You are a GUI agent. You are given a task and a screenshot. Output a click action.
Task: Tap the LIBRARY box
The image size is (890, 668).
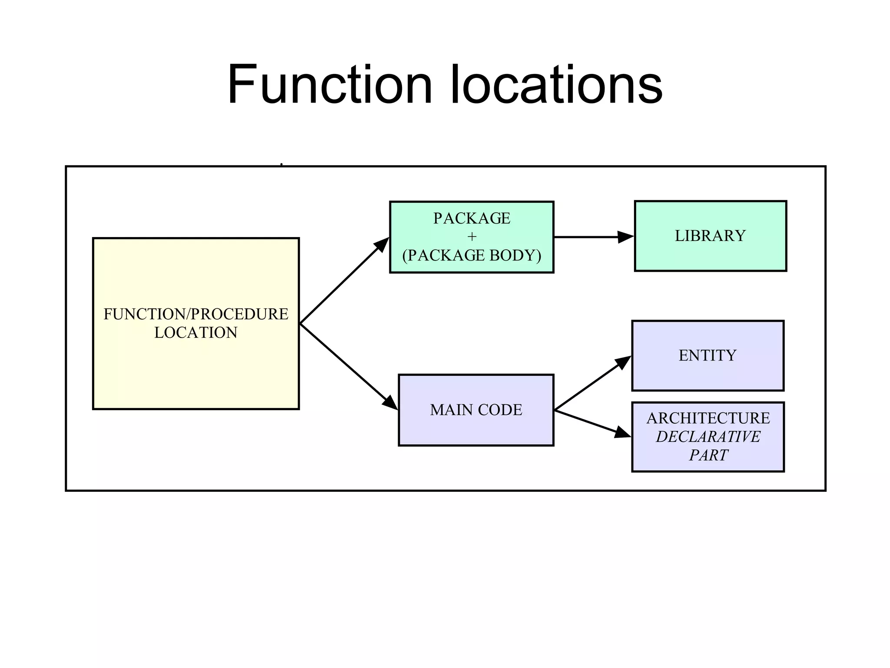710,236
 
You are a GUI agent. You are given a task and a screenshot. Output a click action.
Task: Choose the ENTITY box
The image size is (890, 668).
707,355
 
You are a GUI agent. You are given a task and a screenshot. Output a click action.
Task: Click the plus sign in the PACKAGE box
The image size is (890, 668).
472,237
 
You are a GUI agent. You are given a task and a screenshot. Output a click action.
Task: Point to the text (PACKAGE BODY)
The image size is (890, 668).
472,255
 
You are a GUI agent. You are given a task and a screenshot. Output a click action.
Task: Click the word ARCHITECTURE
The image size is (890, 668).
708,418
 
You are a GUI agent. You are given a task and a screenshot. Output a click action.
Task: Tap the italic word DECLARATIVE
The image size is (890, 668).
708,437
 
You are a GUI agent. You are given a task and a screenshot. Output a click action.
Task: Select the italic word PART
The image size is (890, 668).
708,455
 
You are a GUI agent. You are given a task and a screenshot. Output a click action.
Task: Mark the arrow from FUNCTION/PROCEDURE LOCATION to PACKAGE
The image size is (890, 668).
344,281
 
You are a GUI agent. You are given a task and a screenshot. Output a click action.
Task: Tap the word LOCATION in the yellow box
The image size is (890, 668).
196,333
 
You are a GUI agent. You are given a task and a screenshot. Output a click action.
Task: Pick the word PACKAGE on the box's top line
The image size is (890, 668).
472,218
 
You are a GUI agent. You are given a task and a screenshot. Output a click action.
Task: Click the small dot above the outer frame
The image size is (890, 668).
282,164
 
